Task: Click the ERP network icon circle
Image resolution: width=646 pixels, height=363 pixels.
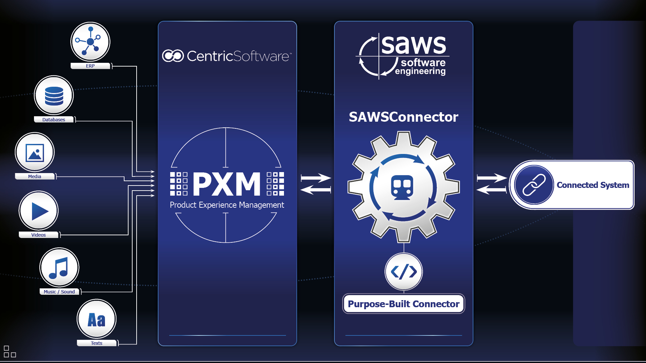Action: [x=90, y=42]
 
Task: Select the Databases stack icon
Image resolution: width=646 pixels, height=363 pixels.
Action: [x=54, y=95]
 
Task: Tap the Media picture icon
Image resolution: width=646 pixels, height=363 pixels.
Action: [x=35, y=153]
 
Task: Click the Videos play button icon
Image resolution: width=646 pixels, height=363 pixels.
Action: [x=39, y=211]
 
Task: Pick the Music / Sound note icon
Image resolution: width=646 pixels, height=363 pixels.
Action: [x=59, y=268]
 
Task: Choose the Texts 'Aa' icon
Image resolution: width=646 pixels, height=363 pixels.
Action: [x=97, y=319]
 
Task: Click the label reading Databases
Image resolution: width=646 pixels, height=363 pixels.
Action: [x=54, y=120]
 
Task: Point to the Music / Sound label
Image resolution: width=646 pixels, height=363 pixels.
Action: [x=59, y=292]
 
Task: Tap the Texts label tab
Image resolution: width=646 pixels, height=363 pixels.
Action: [x=97, y=343]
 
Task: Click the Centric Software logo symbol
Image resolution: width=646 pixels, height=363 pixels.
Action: [x=173, y=56]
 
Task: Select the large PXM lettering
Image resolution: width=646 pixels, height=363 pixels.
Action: [x=227, y=184]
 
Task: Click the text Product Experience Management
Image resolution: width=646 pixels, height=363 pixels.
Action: [x=227, y=205]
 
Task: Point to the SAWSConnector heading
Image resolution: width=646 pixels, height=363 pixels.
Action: [x=403, y=117]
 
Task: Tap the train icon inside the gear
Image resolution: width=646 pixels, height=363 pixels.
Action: [x=402, y=187]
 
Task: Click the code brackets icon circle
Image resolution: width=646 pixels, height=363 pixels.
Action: [x=404, y=272]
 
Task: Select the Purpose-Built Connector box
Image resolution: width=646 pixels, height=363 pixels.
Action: [x=403, y=304]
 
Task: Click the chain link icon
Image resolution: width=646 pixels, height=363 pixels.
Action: [x=534, y=185]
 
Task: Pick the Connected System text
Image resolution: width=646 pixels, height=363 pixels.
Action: [x=593, y=185]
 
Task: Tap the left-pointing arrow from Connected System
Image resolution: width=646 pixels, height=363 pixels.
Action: [x=491, y=190]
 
